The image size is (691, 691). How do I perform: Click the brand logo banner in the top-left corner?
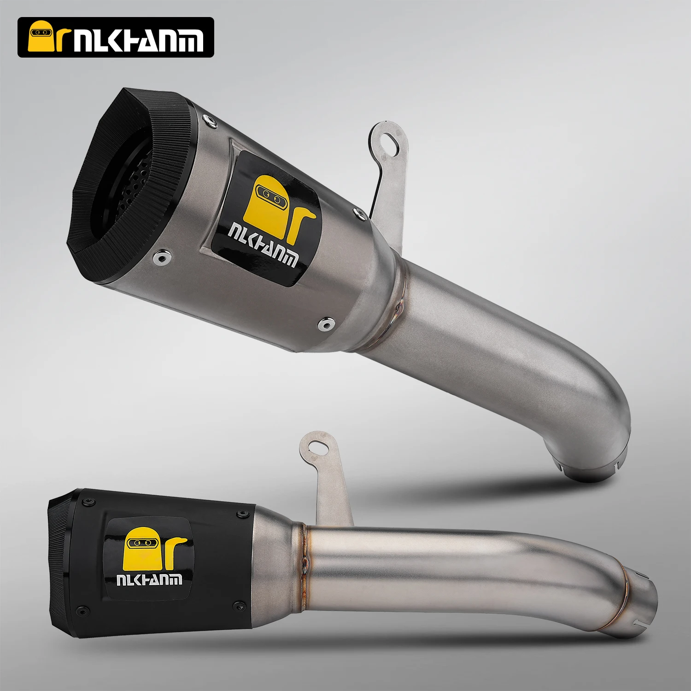pyautogui.click(x=116, y=37)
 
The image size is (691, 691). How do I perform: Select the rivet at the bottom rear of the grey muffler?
pyautogui.click(x=327, y=324)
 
